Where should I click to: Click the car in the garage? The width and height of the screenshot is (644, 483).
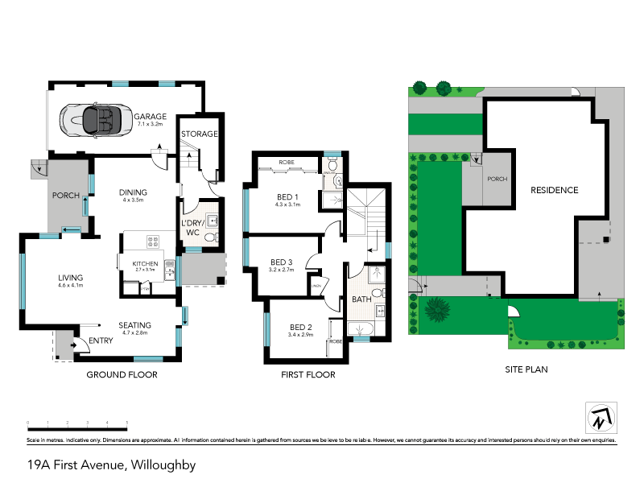coord(95,122)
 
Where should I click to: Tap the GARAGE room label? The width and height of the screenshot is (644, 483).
coord(150,116)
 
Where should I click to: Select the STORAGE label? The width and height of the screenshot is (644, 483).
coord(198,134)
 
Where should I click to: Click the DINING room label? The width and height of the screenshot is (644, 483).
coord(133,192)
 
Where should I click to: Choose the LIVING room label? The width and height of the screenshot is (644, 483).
coord(71,278)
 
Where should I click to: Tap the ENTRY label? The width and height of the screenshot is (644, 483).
coord(101,341)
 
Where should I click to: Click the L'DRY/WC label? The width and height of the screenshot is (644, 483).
coord(192,228)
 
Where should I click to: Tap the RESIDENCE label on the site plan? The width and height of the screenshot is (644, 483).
coord(554,190)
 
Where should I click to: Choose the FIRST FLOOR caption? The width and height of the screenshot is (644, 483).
coord(308,374)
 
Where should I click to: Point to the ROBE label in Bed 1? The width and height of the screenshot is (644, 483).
coord(286,163)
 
